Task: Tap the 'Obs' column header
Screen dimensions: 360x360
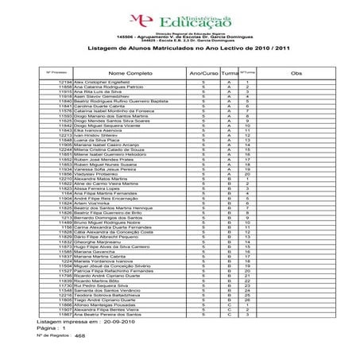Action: (x=296, y=72)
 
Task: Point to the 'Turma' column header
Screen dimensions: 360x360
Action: (x=228, y=72)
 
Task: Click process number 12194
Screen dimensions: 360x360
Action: (x=66, y=82)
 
